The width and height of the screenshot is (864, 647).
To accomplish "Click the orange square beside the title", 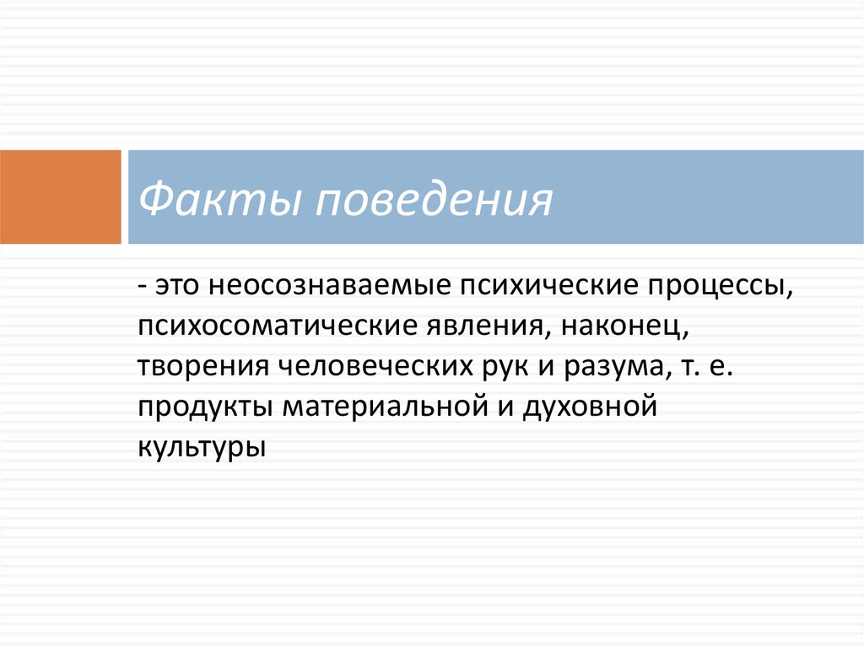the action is click(60, 197).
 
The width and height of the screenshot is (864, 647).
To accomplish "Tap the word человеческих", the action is click(375, 367).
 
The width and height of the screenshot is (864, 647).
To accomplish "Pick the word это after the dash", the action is click(176, 287).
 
